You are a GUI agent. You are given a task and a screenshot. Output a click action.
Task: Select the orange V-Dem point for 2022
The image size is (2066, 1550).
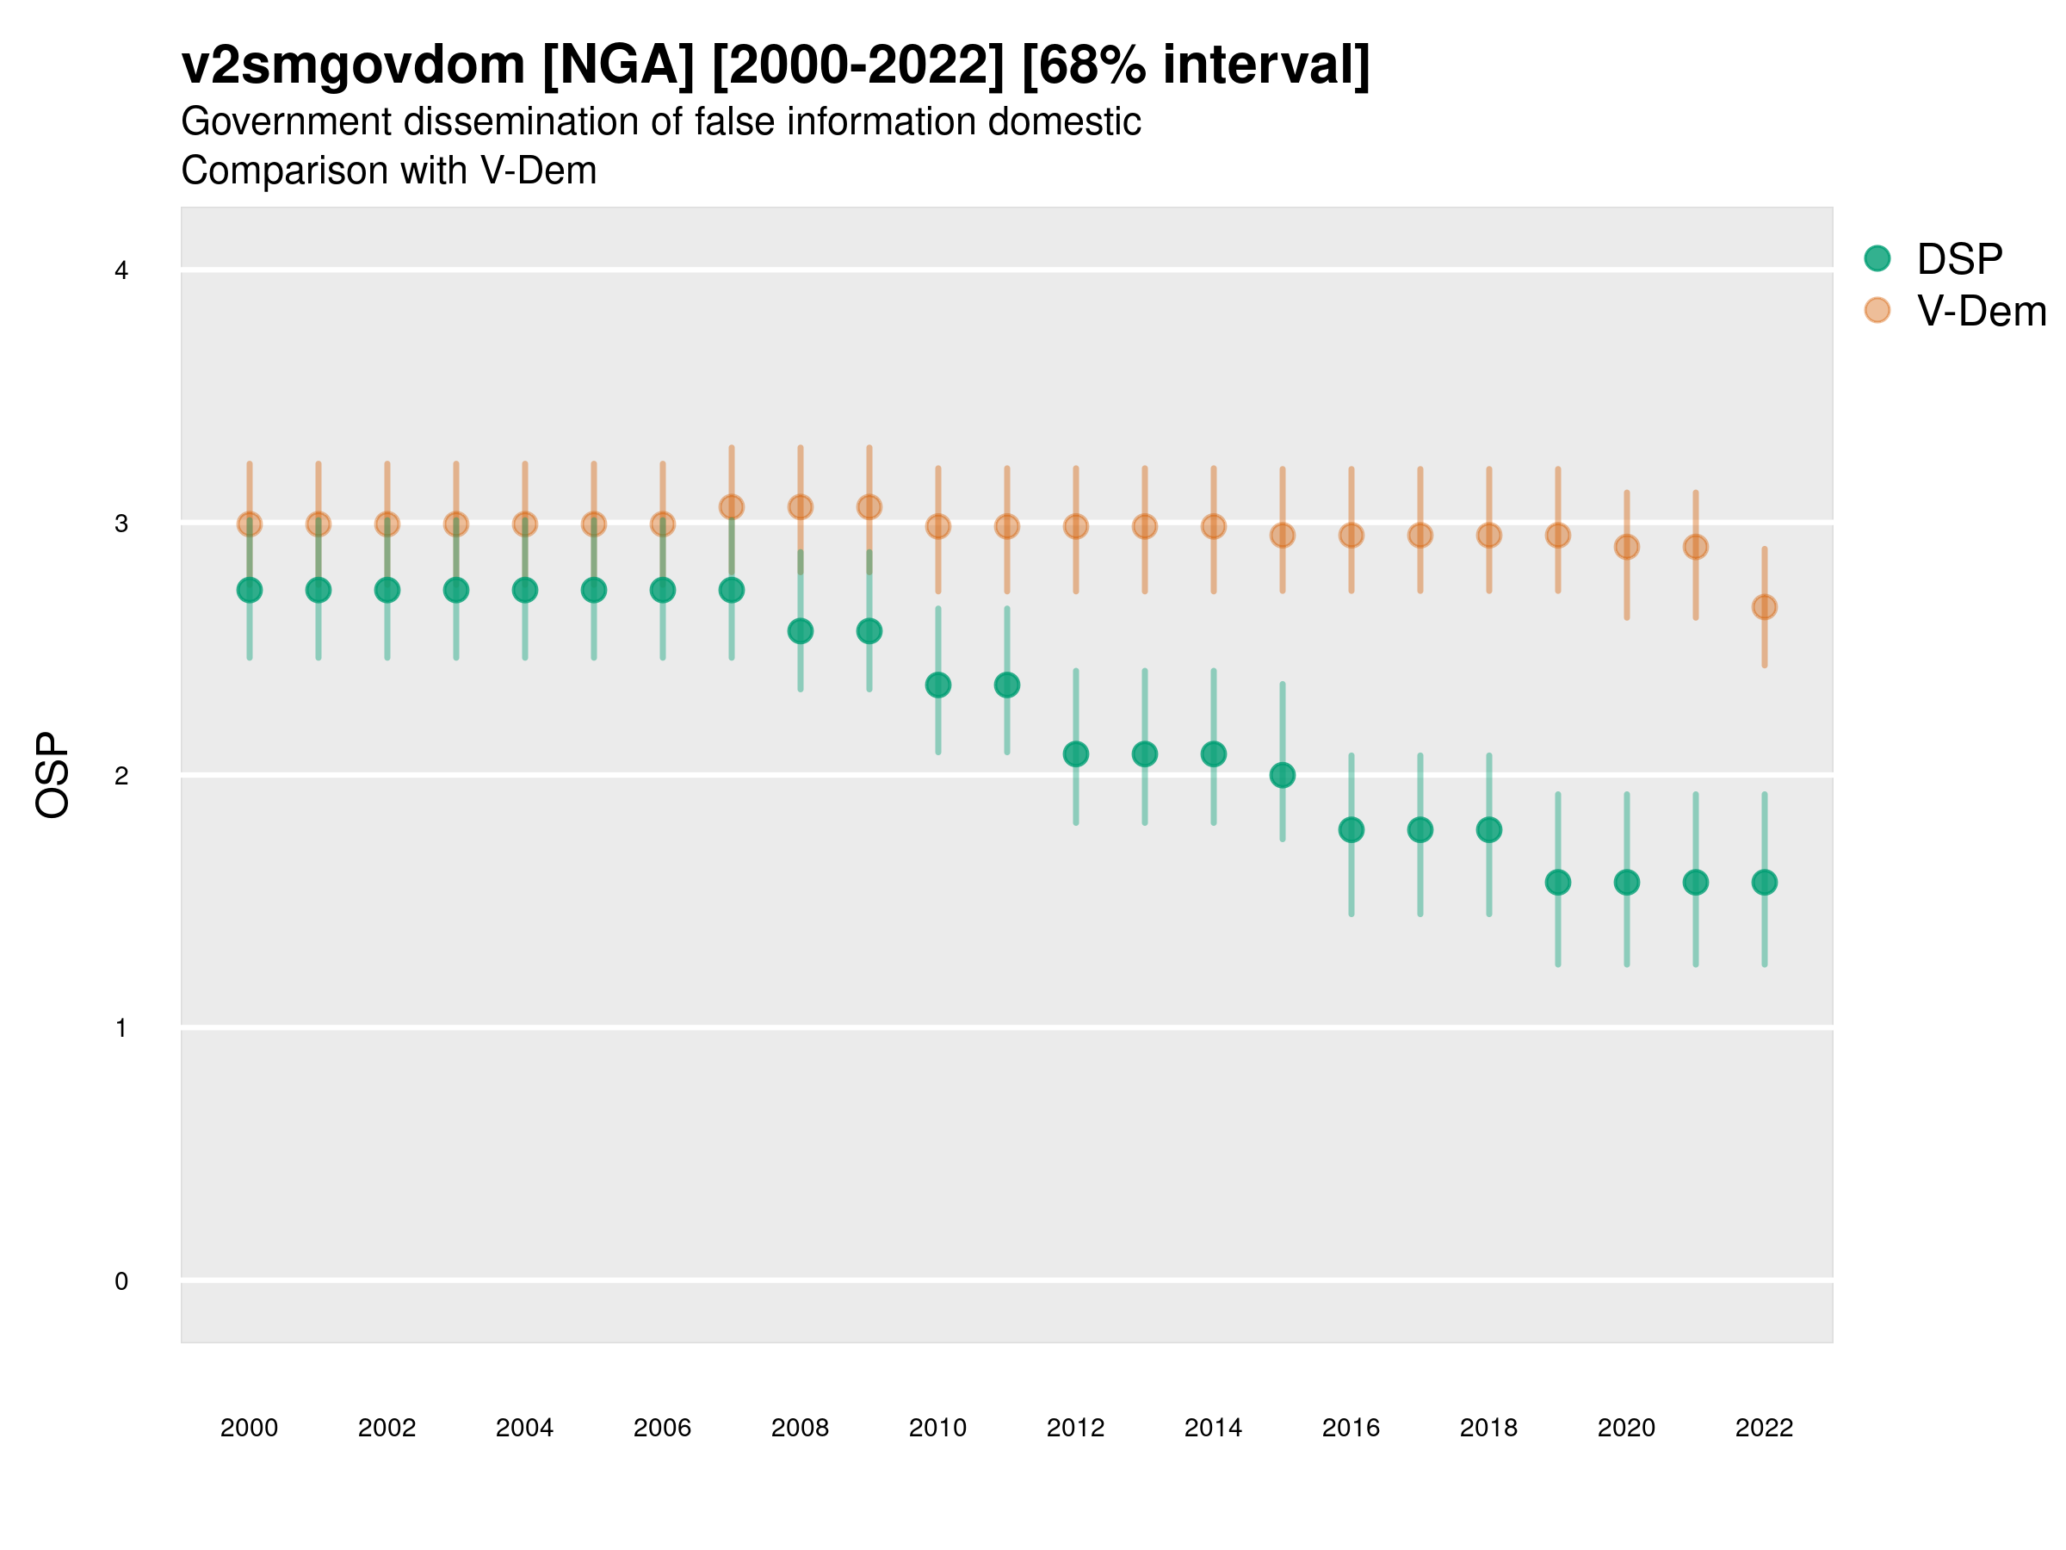tap(1765, 607)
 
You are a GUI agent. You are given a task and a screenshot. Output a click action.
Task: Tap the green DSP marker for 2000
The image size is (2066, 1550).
tap(250, 591)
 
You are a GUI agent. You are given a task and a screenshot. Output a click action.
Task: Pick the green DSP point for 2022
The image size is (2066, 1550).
tap(1765, 882)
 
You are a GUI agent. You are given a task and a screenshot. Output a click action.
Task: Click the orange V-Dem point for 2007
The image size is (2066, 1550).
tap(732, 507)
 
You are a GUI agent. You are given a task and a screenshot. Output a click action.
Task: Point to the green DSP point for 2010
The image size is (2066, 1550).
tap(937, 685)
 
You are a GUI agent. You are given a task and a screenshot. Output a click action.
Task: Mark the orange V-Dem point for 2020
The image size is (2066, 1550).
tap(1626, 548)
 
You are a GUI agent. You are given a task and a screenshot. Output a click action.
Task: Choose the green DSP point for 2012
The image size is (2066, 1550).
tap(1076, 754)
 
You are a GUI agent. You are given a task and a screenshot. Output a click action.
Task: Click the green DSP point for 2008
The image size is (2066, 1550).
tap(801, 631)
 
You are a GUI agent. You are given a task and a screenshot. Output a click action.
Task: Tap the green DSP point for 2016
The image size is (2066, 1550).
tap(1352, 829)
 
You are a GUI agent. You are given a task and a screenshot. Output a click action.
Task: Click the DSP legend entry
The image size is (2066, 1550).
tap(1958, 259)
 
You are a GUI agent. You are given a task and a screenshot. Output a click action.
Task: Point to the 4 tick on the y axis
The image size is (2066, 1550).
tap(121, 271)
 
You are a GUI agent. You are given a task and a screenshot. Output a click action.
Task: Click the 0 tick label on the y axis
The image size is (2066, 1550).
tap(121, 1281)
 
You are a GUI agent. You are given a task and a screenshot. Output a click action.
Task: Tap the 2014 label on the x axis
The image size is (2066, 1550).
tap(1213, 1428)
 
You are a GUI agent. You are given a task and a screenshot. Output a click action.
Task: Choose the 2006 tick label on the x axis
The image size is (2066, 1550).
tap(662, 1428)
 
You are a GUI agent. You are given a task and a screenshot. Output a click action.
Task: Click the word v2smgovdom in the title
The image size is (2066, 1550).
tap(353, 65)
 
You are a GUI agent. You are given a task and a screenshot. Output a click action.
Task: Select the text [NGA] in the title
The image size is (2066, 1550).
tap(618, 65)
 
